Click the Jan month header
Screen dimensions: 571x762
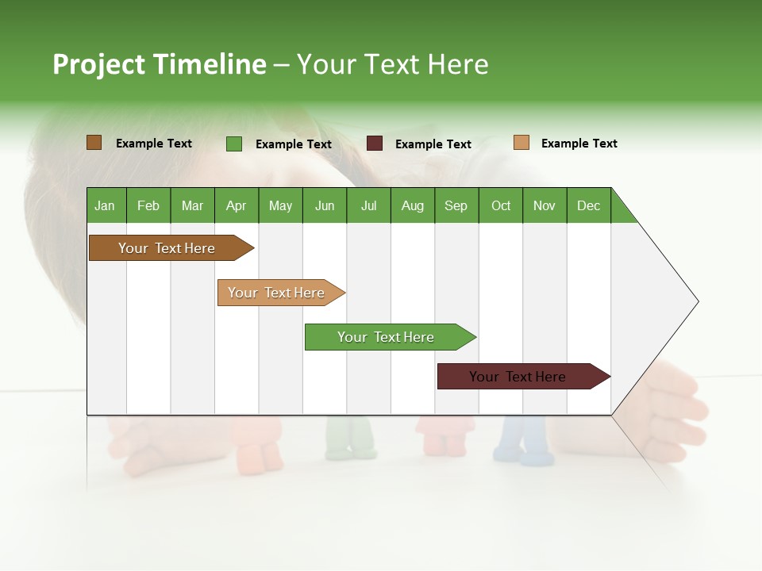(x=106, y=205)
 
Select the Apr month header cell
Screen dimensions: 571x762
(x=237, y=205)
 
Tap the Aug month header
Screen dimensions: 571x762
(x=412, y=205)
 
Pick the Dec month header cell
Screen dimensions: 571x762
(x=588, y=205)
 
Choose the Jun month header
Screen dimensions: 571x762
(x=325, y=205)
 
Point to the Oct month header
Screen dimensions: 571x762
(x=501, y=205)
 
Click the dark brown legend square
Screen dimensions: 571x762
(x=94, y=143)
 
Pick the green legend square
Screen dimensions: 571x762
(x=234, y=144)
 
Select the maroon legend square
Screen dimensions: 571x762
(x=375, y=144)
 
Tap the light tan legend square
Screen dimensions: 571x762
(x=521, y=143)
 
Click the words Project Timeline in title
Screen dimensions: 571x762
(x=160, y=64)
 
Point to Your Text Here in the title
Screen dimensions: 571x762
(x=392, y=64)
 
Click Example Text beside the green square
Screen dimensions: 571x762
(x=293, y=144)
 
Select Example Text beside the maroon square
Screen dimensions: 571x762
(x=433, y=144)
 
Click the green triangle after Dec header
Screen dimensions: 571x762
(x=621, y=211)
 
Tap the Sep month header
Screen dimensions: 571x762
(x=456, y=205)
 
